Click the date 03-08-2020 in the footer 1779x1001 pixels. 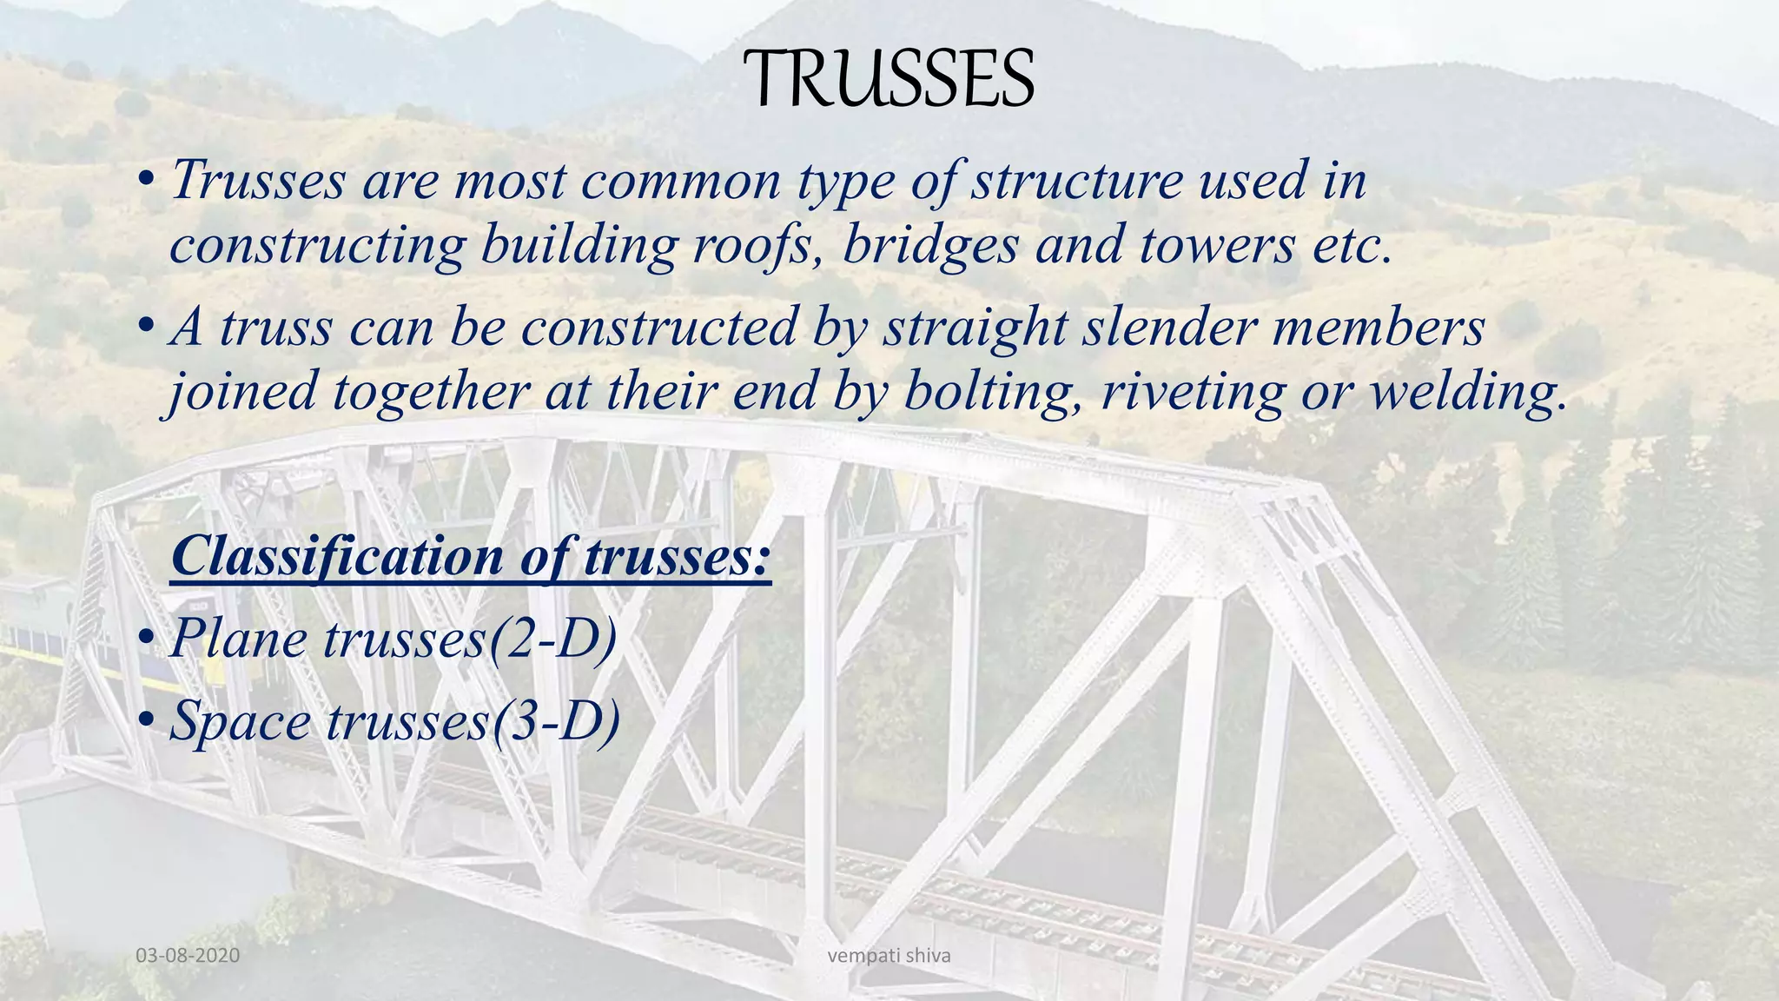(x=188, y=956)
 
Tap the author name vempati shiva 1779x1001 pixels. (x=889, y=956)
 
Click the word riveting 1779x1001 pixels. (x=1192, y=392)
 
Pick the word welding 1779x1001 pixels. (x=1468, y=392)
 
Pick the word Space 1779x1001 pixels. (x=241, y=721)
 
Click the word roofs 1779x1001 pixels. (x=756, y=245)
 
